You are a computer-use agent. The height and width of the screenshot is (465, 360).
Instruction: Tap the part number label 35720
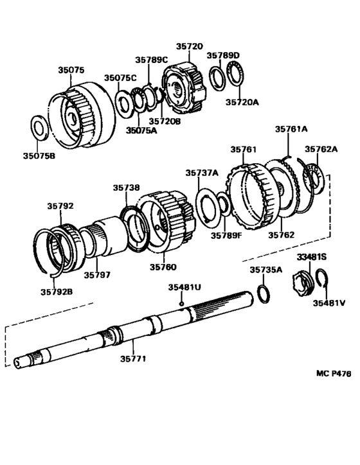point(190,47)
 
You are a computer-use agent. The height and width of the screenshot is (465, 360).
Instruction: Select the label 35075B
point(39,155)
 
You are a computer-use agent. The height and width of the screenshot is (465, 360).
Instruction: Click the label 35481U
point(185,287)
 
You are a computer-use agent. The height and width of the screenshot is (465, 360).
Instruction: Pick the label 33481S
point(312,257)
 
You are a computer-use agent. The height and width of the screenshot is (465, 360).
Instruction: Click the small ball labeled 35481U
point(183,303)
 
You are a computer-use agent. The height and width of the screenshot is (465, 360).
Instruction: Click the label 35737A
point(202,173)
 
